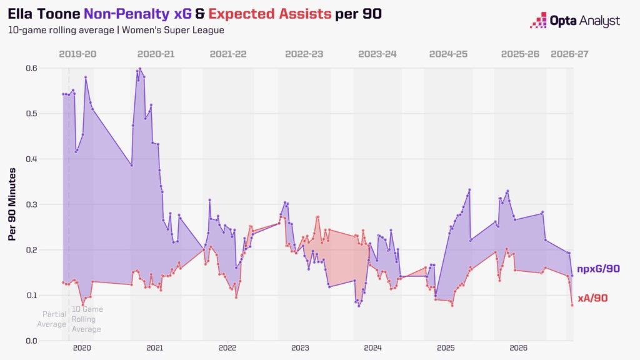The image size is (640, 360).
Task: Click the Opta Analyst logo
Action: click(x=575, y=21)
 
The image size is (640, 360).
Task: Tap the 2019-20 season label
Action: click(x=77, y=54)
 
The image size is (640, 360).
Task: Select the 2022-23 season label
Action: click(x=304, y=54)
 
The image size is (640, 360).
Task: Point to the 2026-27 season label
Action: click(x=569, y=54)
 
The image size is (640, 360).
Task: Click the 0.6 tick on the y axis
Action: click(x=31, y=68)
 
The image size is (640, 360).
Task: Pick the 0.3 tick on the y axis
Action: click(x=31, y=204)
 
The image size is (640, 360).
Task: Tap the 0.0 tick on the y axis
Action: click(x=31, y=341)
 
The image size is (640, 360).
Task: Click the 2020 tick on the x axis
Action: click(x=82, y=348)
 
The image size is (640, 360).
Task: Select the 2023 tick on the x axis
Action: click(x=300, y=348)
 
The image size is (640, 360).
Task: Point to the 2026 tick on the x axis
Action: click(x=518, y=348)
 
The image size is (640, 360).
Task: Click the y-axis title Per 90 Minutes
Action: click(x=12, y=204)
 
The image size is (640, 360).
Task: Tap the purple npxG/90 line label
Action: click(x=598, y=269)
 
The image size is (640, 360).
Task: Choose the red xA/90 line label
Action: click(x=592, y=298)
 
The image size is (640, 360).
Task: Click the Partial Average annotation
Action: click(x=52, y=319)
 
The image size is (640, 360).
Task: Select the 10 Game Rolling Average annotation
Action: click(x=87, y=319)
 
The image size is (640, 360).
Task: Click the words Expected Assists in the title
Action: click(x=270, y=14)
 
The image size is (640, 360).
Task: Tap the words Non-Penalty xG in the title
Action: click(x=137, y=14)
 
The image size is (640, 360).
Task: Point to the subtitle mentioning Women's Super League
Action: click(x=116, y=30)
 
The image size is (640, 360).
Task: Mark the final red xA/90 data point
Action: click(x=572, y=305)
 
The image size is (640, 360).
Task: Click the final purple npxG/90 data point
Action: click(x=572, y=276)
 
